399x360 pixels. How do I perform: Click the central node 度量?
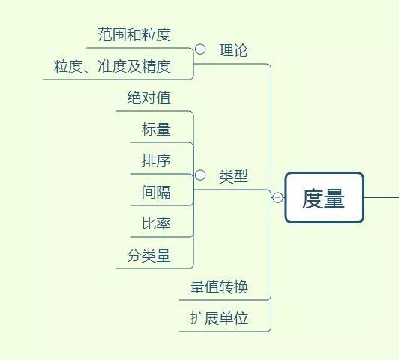click(324, 198)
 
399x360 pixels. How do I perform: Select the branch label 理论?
click(233, 50)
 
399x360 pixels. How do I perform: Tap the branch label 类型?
click(233, 177)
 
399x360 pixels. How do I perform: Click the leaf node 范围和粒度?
click(134, 34)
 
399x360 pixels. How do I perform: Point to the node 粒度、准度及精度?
click(112, 66)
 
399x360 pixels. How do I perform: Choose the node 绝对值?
click(148, 97)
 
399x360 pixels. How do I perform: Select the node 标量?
click(156, 130)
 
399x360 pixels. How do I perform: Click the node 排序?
click(156, 160)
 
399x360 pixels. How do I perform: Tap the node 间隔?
click(156, 192)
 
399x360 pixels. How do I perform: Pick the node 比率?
click(156, 223)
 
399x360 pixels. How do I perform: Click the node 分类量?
click(148, 256)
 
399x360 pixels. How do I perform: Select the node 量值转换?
click(219, 286)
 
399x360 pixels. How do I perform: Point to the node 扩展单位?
click(219, 318)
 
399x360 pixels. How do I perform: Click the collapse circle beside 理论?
click(200, 49)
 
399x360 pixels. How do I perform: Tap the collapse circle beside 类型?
click(200, 175)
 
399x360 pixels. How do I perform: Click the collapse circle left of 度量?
click(278, 198)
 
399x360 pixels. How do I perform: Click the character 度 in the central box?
click(313, 198)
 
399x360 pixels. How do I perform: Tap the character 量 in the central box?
click(334, 198)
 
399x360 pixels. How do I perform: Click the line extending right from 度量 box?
click(382, 198)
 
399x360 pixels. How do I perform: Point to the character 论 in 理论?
click(241, 50)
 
